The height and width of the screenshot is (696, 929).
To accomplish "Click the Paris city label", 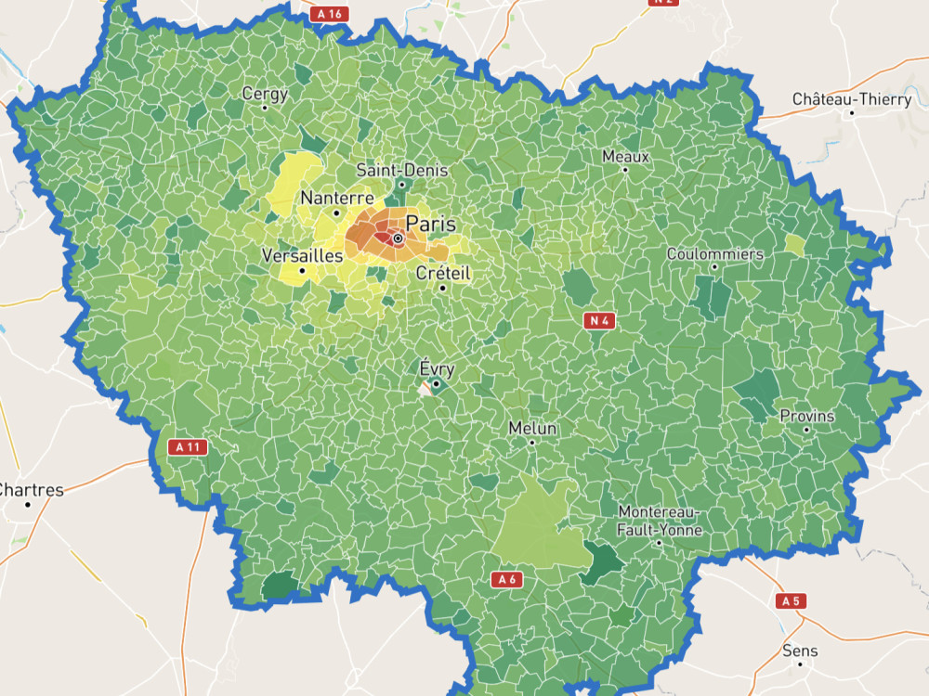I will (x=431, y=224).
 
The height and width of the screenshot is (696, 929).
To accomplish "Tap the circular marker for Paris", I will (x=398, y=239).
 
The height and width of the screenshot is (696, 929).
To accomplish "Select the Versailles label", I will (x=302, y=255).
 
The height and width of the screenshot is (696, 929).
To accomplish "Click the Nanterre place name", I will (x=336, y=198).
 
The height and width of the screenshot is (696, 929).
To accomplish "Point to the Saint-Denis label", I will (x=402, y=171).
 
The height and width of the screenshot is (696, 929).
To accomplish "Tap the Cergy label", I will (x=265, y=94).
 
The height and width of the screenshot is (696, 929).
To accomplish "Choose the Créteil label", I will (x=443, y=273).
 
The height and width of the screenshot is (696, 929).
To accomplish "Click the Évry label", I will (x=437, y=368).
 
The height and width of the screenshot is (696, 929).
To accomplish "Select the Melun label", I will (x=532, y=429).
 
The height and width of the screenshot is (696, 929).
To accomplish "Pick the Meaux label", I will (x=625, y=156).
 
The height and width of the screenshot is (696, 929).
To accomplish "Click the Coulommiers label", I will (x=714, y=254).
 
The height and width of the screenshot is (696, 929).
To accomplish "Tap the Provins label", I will (x=806, y=416).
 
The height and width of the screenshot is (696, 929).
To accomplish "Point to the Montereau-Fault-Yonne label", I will (x=660, y=522).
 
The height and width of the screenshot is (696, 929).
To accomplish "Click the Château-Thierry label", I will (x=851, y=99).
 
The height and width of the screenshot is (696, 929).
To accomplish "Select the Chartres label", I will (x=31, y=490).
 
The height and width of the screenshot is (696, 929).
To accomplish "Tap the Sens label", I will (x=800, y=651).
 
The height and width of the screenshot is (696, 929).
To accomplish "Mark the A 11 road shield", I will (x=188, y=447).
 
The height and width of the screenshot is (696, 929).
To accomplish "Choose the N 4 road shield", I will (x=598, y=321).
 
